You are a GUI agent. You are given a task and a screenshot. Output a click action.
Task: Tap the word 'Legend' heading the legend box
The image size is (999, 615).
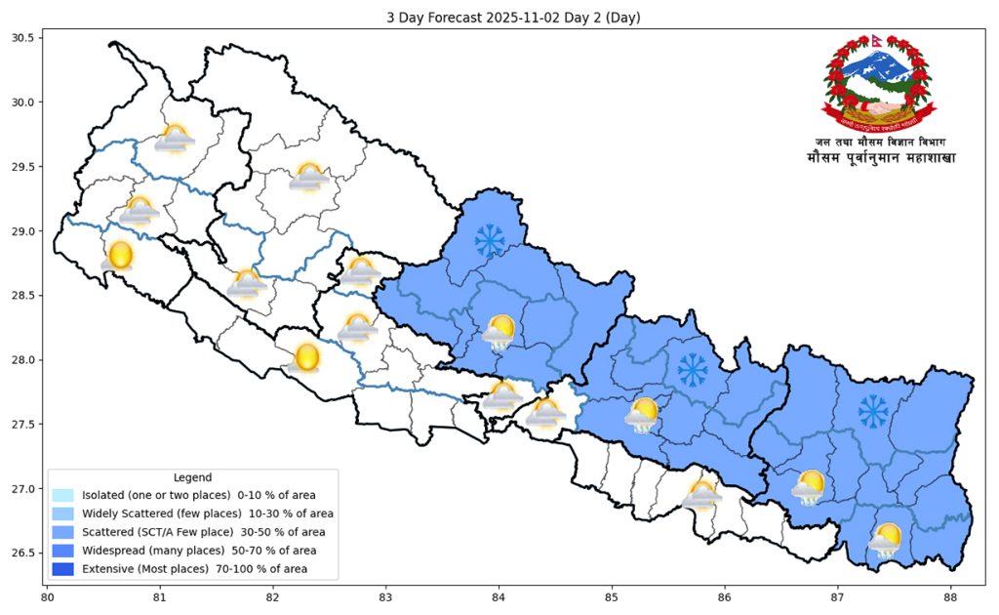click(192, 477)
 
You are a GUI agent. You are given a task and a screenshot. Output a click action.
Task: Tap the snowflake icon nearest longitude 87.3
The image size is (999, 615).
click(873, 411)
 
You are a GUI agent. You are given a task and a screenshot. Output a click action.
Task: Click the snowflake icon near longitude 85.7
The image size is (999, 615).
click(693, 369)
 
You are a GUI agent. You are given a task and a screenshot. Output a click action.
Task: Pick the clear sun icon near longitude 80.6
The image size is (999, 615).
click(120, 256)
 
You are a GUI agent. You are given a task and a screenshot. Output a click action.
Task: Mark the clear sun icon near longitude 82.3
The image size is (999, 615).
click(306, 357)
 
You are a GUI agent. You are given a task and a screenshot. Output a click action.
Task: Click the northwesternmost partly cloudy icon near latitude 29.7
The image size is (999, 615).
click(176, 139)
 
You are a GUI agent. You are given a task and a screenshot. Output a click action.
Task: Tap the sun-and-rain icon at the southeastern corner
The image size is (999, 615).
click(885, 540)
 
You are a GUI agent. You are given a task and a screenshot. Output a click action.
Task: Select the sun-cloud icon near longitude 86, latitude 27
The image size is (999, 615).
click(701, 495)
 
